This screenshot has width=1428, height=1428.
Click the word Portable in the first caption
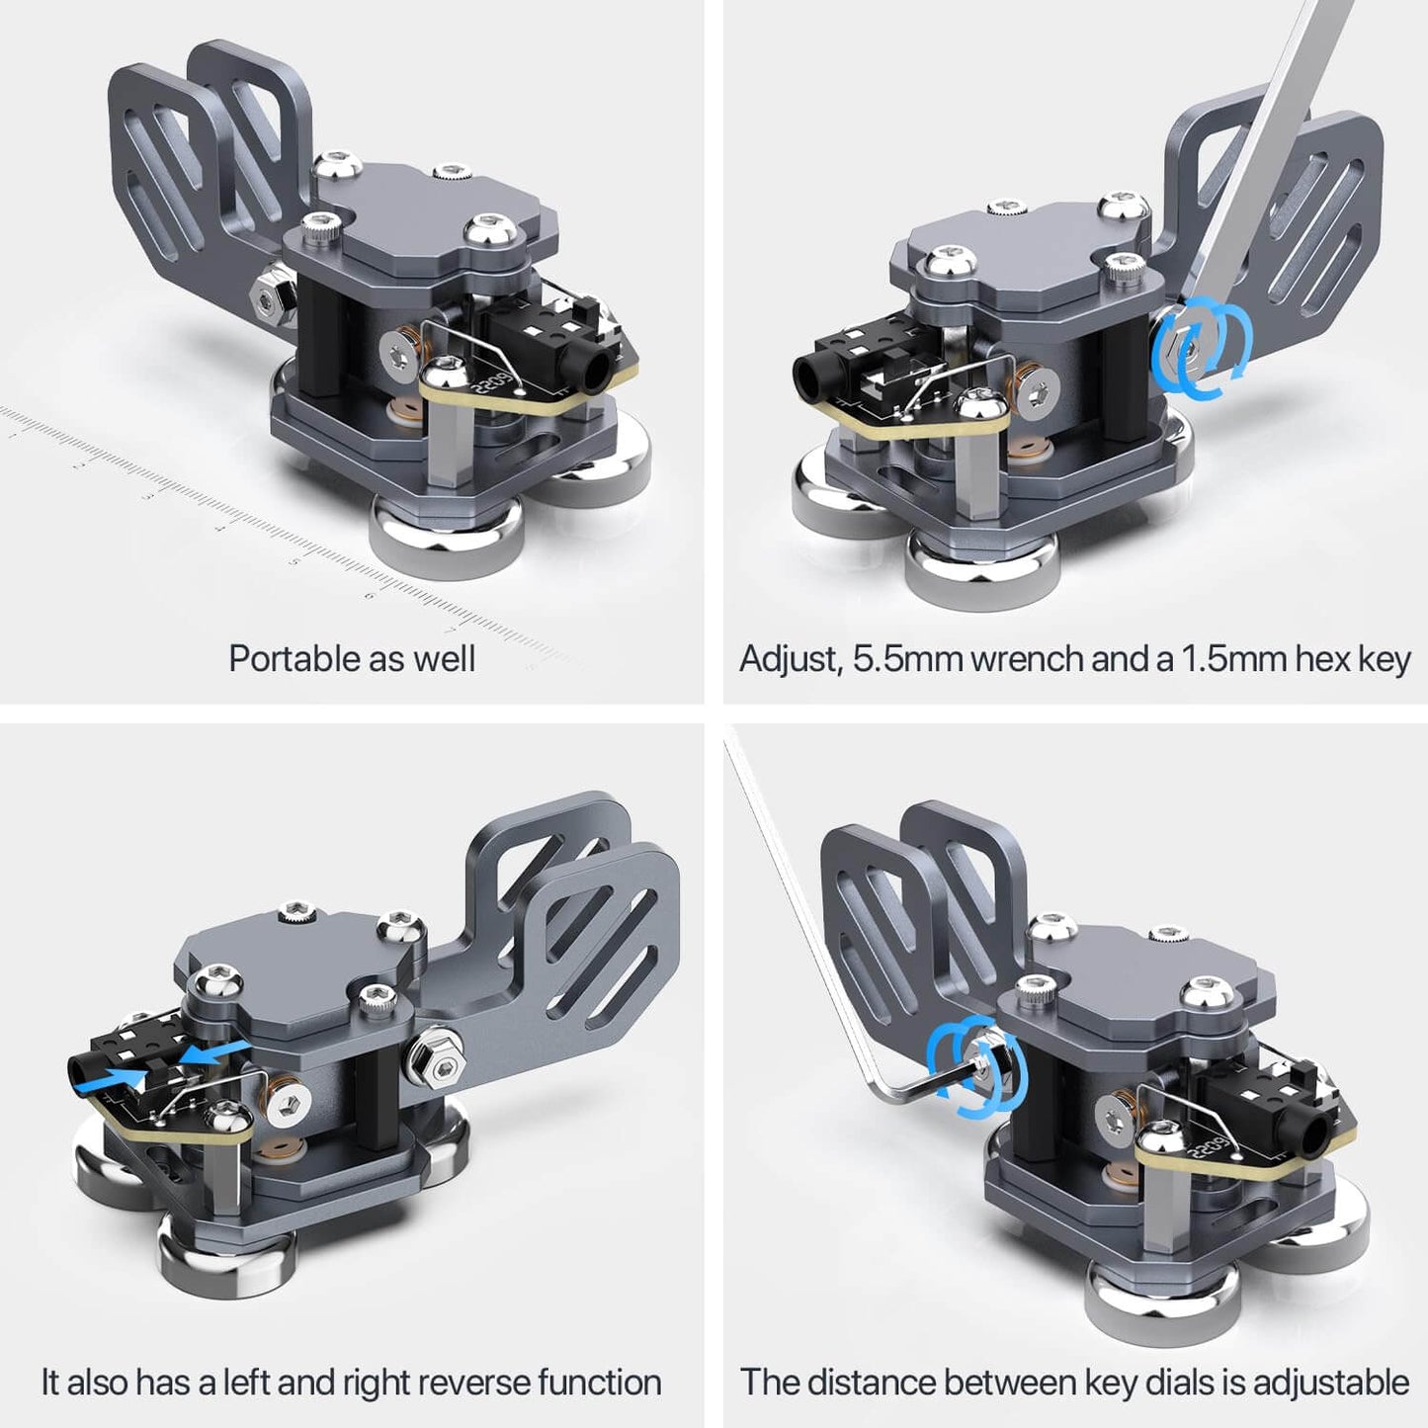289,658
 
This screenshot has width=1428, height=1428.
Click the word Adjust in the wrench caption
790,659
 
